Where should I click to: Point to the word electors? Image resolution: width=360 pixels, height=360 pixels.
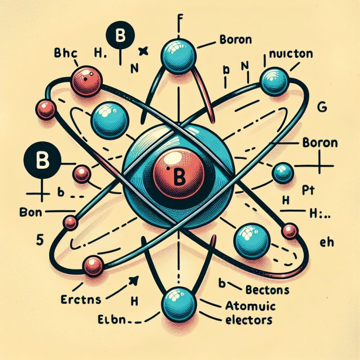tap(247, 320)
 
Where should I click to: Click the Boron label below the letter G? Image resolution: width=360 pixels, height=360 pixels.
tap(320, 142)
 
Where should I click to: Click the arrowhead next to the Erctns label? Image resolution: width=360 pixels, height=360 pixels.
tap(134, 280)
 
